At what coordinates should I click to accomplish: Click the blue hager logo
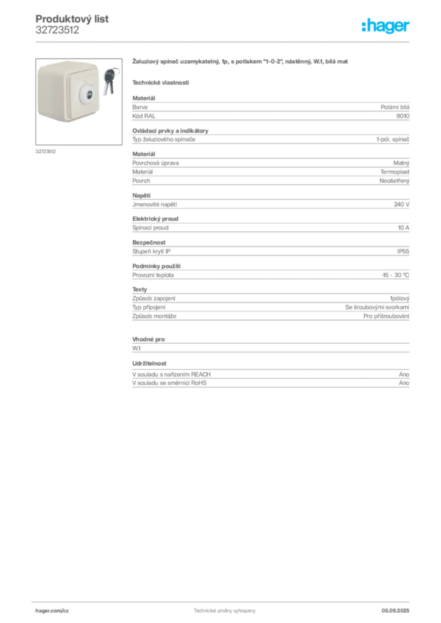[386, 27]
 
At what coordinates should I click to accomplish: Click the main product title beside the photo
[240, 62]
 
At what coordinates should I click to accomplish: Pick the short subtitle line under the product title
[161, 82]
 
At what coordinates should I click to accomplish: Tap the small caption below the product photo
[46, 151]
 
